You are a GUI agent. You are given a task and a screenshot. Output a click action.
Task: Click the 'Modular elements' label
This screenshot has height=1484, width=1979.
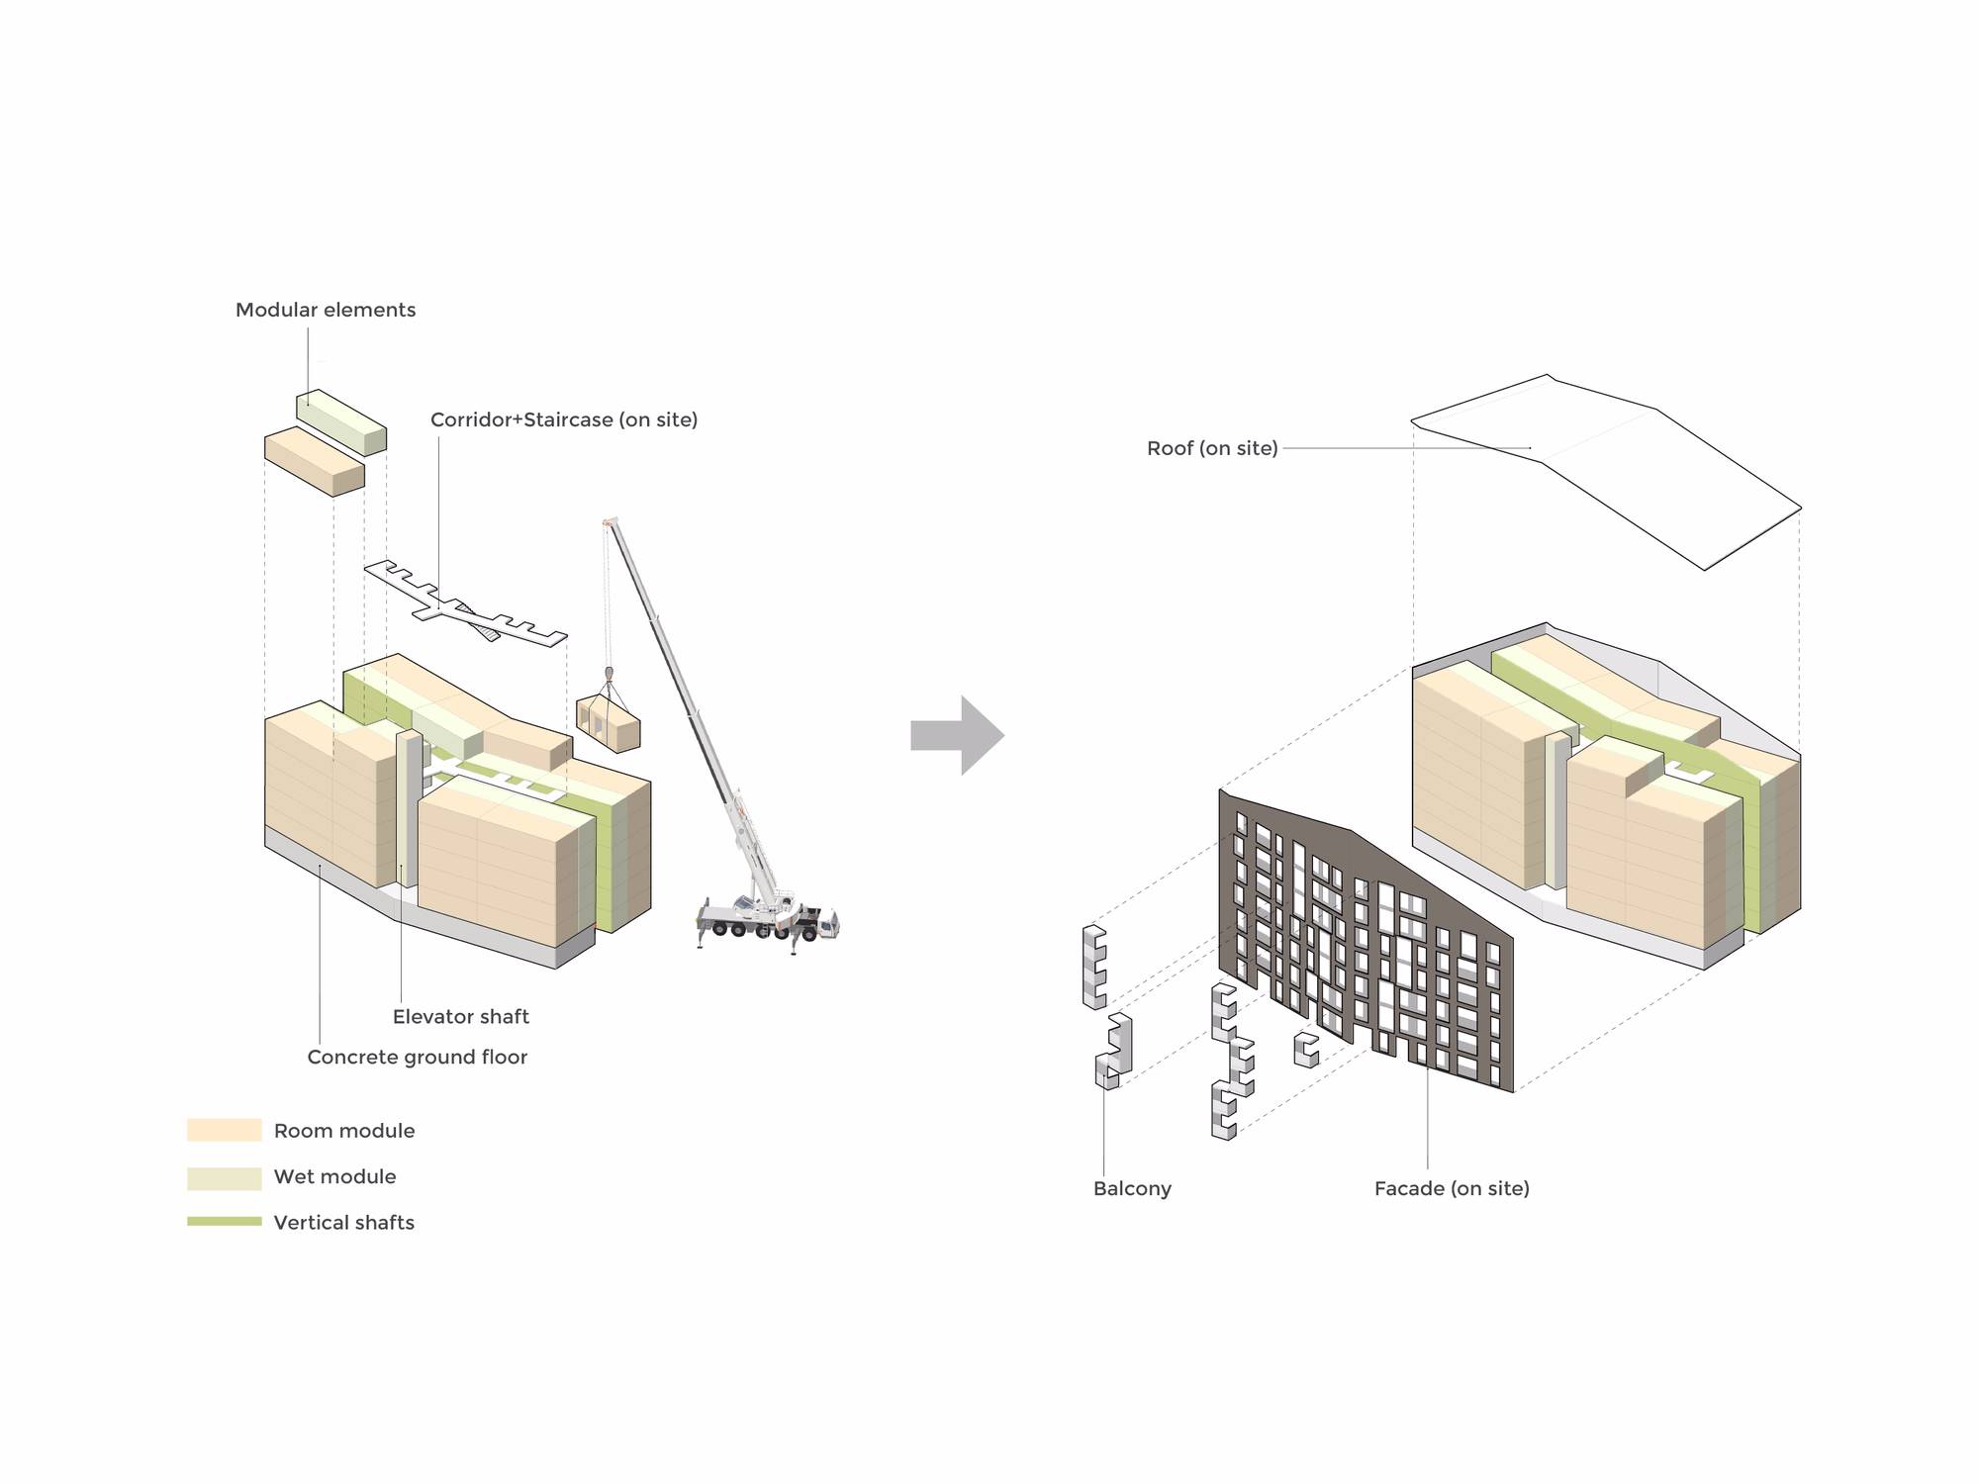tap(326, 310)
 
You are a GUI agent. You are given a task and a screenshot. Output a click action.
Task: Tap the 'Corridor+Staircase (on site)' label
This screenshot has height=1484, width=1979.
tap(564, 419)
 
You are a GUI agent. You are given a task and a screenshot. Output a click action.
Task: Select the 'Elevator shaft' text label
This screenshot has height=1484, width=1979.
tap(460, 1016)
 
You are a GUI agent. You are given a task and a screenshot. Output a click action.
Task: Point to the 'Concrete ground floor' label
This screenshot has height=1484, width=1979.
tap(417, 1057)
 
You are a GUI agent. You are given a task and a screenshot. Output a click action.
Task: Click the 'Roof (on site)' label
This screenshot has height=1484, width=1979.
tap(1212, 448)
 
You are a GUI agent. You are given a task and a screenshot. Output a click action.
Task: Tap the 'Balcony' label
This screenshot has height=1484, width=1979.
tap(1132, 1188)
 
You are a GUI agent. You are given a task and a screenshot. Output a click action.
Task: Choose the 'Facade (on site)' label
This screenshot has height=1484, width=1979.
tap(1452, 1188)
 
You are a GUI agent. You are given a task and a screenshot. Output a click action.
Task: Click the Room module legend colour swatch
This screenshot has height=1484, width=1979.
tap(225, 1130)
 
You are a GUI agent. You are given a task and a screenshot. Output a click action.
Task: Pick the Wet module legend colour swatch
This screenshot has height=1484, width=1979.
tap(225, 1177)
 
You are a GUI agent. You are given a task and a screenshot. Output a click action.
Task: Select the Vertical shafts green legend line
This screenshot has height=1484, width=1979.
tap(225, 1222)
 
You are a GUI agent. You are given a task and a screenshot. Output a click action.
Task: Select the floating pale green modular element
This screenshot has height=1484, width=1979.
tap(341, 421)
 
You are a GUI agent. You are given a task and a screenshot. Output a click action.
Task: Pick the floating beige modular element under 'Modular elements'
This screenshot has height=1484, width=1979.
tap(315, 460)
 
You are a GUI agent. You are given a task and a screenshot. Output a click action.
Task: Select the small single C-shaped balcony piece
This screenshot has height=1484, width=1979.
tap(1306, 1049)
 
